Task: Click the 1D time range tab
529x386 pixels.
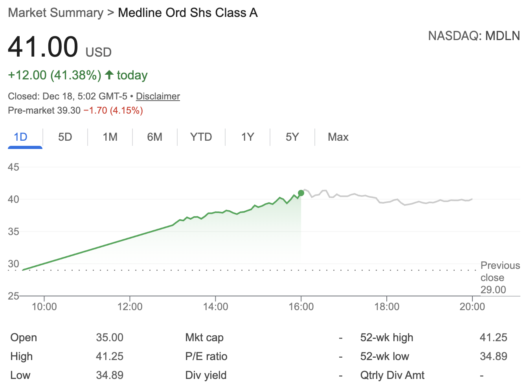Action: coord(21,137)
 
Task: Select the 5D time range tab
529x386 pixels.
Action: coord(65,137)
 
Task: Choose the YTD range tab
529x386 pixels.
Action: coord(201,137)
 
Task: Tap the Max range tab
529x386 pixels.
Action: coord(338,137)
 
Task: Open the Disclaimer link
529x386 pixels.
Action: coord(158,96)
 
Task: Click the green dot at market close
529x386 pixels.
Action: coord(301,193)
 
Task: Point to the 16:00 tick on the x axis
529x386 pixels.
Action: coord(301,306)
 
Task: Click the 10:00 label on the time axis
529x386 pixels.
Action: coord(44,306)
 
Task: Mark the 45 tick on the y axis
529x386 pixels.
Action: coord(13,167)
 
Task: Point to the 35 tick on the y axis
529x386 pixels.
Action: coord(13,232)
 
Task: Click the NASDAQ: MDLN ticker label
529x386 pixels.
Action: coord(474,36)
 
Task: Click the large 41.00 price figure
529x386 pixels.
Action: coord(43,47)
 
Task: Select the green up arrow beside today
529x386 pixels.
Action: coord(109,75)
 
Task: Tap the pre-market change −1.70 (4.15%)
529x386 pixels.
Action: coord(113,110)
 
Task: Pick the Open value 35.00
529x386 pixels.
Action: coord(110,337)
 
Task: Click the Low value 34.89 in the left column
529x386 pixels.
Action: coord(110,375)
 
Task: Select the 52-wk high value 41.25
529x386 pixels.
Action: coord(493,337)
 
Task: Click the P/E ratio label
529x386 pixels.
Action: coord(206,356)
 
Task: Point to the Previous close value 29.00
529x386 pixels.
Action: coord(493,290)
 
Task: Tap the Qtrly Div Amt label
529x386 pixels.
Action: coord(392,375)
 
